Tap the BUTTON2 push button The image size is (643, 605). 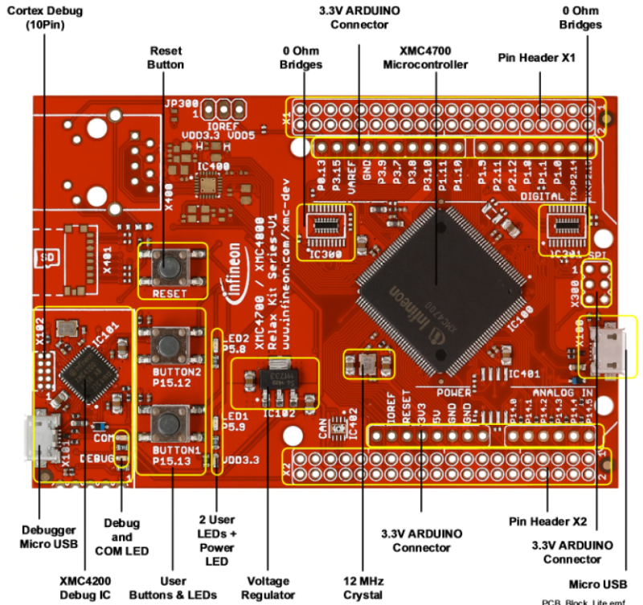(168, 346)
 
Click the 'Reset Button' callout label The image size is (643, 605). (166, 57)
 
